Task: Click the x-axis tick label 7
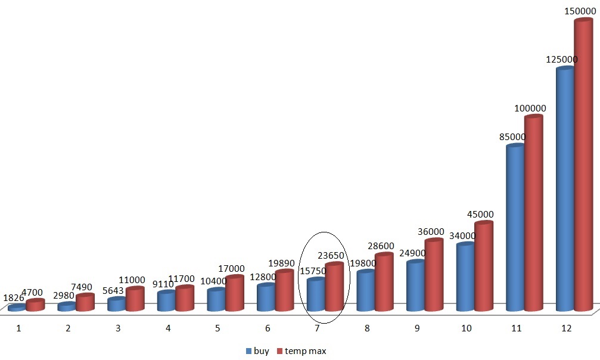[x=317, y=328]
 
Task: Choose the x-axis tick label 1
[x=18, y=328]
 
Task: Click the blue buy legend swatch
[x=248, y=351]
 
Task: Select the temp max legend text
[x=305, y=351]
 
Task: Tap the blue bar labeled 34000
[x=465, y=277]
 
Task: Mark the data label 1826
[x=14, y=297]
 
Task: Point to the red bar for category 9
[x=434, y=275]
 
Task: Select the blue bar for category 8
[x=365, y=291]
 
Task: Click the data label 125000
[x=562, y=60]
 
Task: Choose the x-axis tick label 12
[x=566, y=328]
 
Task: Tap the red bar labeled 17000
[x=235, y=293]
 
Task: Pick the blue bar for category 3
[x=116, y=305]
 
